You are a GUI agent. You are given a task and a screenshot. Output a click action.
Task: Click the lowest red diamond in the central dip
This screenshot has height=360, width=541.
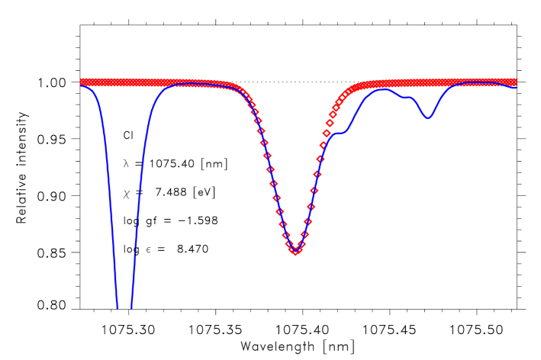295,251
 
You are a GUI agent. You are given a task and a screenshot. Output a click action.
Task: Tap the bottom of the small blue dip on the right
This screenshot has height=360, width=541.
428,117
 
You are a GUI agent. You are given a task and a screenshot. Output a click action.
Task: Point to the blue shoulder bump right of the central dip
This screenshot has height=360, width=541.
340,133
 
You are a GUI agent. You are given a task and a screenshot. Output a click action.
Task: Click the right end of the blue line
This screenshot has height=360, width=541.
515,87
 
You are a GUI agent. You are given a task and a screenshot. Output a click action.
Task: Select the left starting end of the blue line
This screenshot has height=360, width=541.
80,85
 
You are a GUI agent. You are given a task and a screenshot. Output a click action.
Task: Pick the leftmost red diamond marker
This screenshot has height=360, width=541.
82,82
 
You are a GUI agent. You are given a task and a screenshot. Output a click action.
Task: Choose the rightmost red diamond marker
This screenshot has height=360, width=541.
514,82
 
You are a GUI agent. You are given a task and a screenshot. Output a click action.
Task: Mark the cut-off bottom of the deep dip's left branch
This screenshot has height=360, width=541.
117,307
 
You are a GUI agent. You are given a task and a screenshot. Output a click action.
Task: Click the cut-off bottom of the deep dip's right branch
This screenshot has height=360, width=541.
131,307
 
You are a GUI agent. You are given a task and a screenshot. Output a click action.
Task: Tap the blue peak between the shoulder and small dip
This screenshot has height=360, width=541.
385,90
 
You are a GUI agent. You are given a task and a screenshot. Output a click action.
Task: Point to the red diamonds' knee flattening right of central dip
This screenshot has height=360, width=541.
349,90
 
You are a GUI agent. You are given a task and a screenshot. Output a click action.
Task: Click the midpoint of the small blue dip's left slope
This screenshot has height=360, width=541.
420,107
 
